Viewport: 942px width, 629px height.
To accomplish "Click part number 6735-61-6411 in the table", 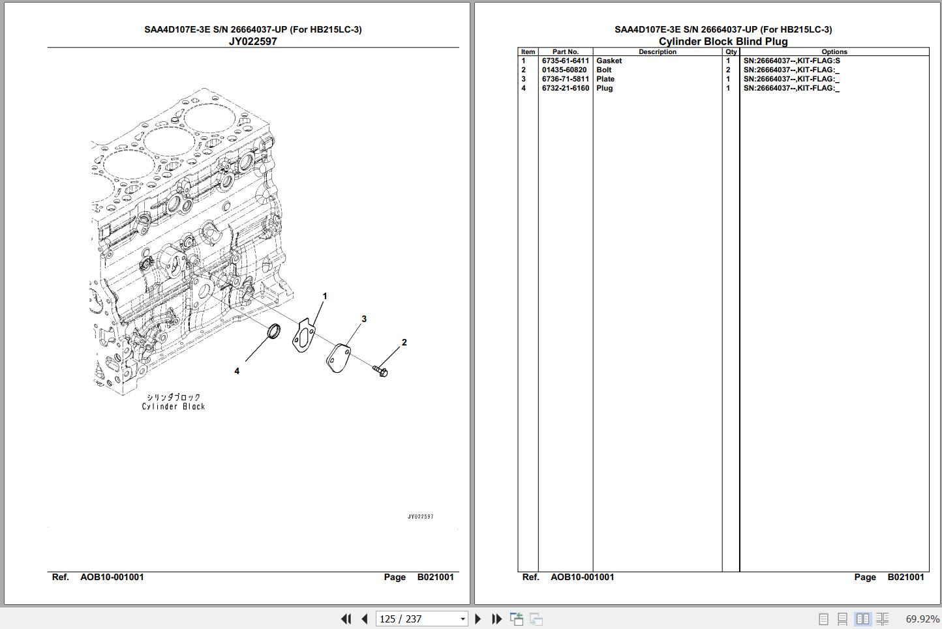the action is coord(565,61).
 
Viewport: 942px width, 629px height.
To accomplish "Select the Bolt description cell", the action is coord(604,70).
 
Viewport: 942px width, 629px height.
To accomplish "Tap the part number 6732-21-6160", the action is coord(565,88).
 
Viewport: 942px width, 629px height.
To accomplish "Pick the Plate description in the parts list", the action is coord(605,79).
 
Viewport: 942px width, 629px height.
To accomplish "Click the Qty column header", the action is coord(731,51).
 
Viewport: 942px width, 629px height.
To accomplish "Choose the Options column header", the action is coord(834,51).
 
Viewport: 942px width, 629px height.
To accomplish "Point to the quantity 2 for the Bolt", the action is coord(728,70).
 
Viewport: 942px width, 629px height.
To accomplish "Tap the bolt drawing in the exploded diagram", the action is coord(380,371).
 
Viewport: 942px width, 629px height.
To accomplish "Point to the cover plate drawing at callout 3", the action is coord(338,358).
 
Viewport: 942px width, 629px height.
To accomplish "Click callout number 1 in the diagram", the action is coord(325,296).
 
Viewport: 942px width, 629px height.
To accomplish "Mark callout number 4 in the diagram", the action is coord(237,371).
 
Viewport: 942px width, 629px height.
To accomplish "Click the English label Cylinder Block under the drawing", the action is coord(174,406).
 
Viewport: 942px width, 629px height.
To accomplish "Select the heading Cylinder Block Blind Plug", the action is coord(723,41).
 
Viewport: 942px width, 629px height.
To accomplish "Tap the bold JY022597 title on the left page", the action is coord(252,41).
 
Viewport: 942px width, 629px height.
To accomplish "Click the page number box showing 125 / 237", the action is coord(421,619).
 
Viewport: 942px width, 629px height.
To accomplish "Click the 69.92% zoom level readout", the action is coord(922,619).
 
